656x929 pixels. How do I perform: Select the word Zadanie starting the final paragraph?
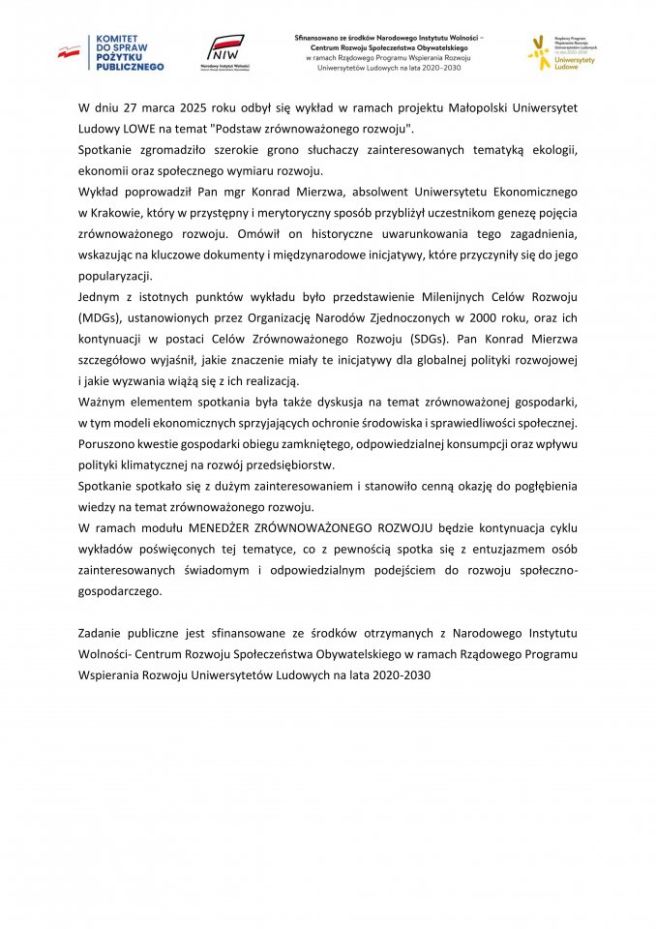click(x=104, y=633)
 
